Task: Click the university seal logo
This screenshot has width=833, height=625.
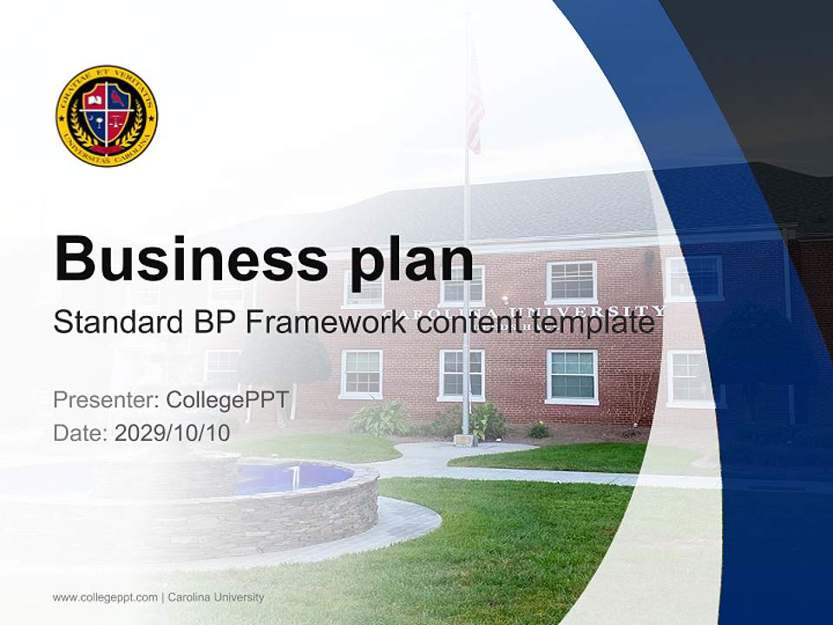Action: (107, 115)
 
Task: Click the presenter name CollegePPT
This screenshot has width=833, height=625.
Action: (227, 400)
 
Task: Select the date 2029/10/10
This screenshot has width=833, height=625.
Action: (172, 433)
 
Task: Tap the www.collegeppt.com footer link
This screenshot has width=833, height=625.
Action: (105, 597)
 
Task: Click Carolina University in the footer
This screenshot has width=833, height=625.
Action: (216, 597)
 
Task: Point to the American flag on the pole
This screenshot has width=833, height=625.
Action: (475, 100)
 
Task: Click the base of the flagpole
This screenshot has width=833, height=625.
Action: (466, 439)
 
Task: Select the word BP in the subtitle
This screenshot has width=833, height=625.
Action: (213, 323)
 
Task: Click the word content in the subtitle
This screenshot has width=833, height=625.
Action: (463, 323)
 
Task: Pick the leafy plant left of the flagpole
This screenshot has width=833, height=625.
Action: (380, 418)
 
